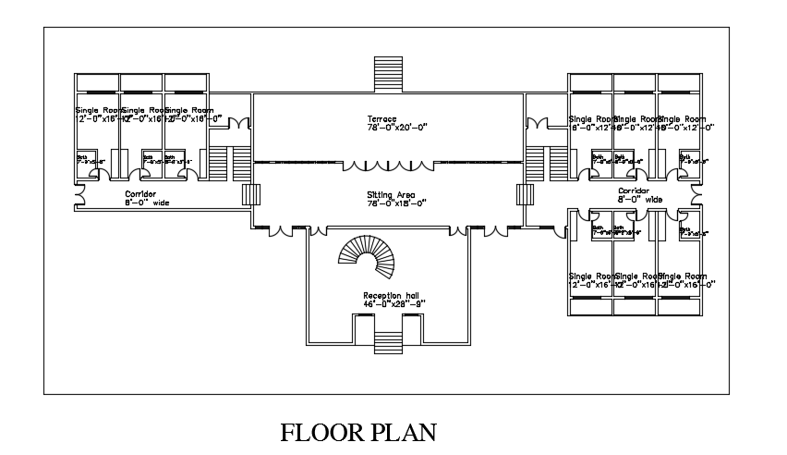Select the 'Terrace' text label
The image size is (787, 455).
tap(381, 119)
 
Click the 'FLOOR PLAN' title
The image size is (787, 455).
tap(358, 433)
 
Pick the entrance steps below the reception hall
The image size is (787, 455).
tap(387, 343)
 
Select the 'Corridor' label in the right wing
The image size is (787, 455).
tap(635, 191)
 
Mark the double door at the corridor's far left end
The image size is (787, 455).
tap(78, 195)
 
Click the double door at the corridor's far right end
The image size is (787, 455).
tap(697, 193)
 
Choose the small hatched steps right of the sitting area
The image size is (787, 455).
tap(525, 195)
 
